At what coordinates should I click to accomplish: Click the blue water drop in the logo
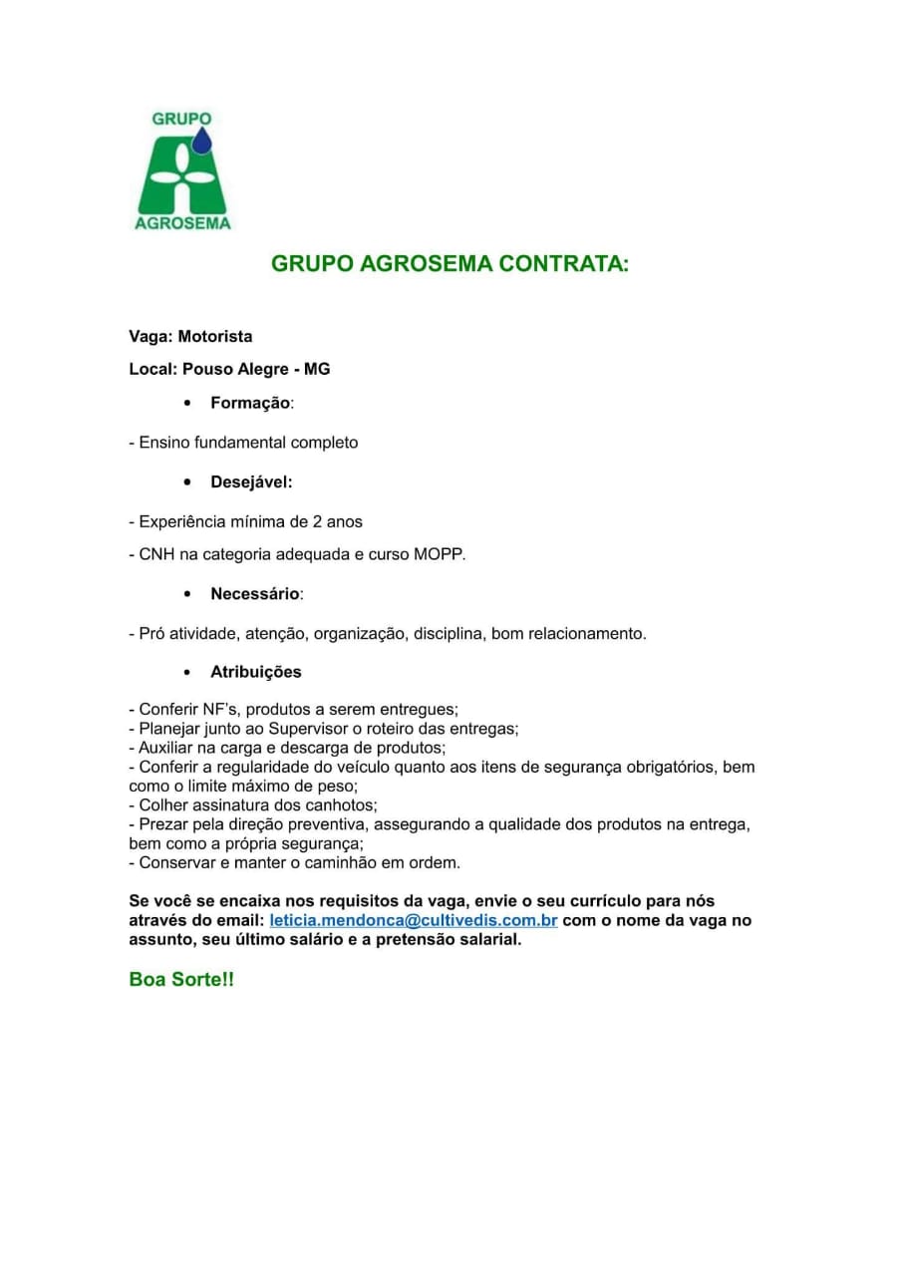202,142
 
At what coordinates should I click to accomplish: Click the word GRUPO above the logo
181,119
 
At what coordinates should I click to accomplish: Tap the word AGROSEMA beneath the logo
182,223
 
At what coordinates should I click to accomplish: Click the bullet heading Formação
250,403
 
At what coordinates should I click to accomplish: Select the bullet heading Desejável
250,482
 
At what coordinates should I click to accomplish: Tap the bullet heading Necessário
254,594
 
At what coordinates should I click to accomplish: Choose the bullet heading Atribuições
255,672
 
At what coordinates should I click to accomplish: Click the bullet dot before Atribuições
187,672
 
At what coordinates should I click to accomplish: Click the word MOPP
438,554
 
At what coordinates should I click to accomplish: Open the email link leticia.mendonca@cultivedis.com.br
413,920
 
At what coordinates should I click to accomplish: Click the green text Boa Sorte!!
181,980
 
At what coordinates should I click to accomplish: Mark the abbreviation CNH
155,554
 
